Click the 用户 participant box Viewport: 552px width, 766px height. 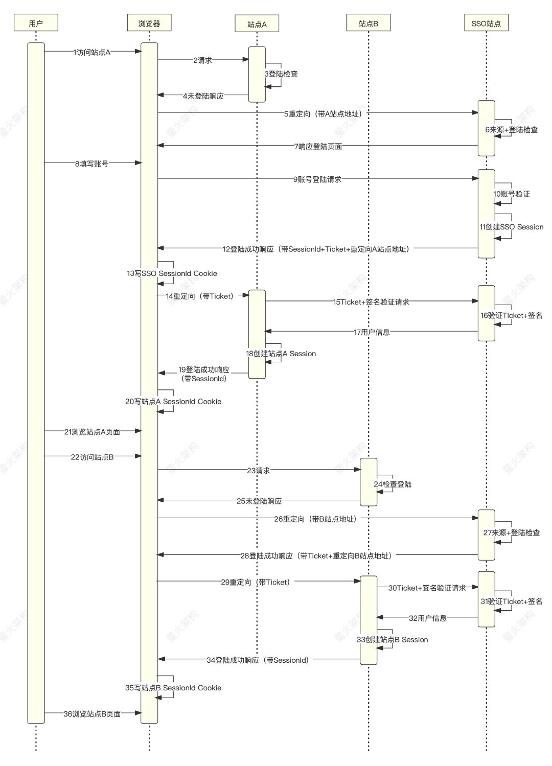[x=36, y=22]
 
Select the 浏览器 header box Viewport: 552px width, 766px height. [x=149, y=22]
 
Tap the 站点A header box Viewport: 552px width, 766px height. [x=257, y=24]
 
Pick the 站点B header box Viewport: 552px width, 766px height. [x=369, y=22]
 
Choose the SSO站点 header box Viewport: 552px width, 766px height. [x=486, y=22]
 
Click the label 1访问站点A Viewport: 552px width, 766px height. [x=91, y=52]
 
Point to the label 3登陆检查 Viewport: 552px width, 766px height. [x=281, y=74]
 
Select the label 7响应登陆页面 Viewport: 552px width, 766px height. [x=318, y=146]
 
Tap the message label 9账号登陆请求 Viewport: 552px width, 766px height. [x=317, y=179]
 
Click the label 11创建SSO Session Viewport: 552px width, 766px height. [x=511, y=227]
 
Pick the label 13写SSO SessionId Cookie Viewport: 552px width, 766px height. [x=172, y=273]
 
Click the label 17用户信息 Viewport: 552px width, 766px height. [x=372, y=332]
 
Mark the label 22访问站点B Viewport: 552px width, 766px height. [x=92, y=457]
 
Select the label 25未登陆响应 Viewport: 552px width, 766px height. [x=259, y=501]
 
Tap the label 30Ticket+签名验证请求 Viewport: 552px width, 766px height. [x=427, y=588]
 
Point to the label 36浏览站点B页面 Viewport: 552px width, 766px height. [x=92, y=714]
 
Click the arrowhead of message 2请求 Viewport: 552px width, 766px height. [x=245, y=59]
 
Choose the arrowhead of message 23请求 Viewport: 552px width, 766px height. [x=357, y=469]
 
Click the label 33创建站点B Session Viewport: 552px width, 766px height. [x=393, y=639]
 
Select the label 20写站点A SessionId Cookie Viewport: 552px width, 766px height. [x=173, y=401]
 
